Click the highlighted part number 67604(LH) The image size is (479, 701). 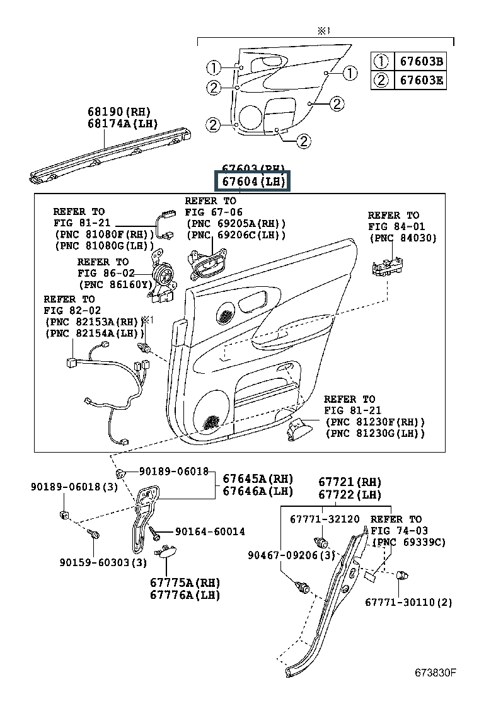click(x=253, y=182)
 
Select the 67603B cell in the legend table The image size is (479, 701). click(x=420, y=61)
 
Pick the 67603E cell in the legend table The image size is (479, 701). click(x=420, y=80)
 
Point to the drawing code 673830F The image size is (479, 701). click(x=435, y=673)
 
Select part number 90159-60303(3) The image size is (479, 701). click(x=103, y=562)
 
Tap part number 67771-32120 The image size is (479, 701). click(x=325, y=519)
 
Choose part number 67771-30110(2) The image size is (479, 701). click(x=408, y=602)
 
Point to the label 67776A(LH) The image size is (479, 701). click(x=185, y=595)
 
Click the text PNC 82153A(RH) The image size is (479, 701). click(x=92, y=321)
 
